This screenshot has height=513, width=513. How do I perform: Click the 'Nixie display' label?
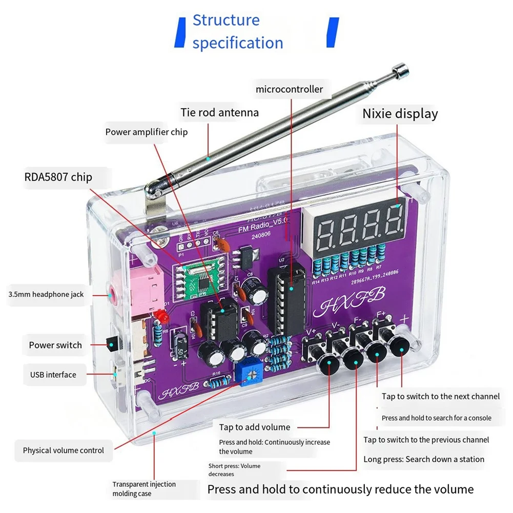coord(400,113)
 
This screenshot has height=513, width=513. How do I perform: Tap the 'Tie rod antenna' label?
coord(219,112)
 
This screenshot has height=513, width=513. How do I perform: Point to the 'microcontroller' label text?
coord(290,89)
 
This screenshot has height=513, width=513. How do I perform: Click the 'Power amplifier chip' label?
coord(146,132)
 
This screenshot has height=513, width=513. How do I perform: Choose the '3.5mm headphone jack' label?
coord(46,294)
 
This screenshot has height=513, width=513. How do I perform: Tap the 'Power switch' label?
coord(55,345)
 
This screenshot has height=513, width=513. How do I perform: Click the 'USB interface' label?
coord(53,375)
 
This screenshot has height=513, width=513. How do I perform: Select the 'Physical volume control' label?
coord(63,450)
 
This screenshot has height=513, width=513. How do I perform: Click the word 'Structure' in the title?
coord(226,20)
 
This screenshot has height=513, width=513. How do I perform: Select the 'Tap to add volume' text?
coord(254,427)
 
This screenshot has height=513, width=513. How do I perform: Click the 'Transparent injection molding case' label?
coord(144,488)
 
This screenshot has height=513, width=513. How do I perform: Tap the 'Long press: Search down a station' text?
coord(423,459)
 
